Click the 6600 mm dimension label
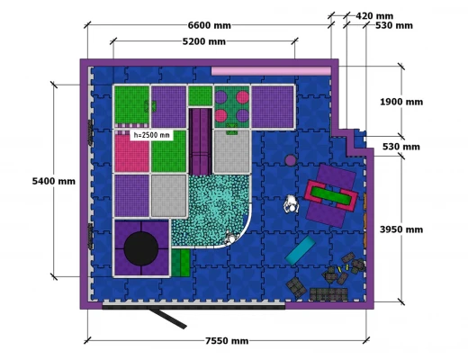(x=210, y=25)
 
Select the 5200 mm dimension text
(x=204, y=41)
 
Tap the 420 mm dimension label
(x=374, y=16)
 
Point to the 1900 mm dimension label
(x=401, y=102)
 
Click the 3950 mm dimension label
(x=401, y=229)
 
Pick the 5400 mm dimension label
(x=54, y=181)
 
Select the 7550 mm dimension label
(x=227, y=341)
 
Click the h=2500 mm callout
(x=151, y=135)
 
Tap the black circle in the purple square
(x=141, y=248)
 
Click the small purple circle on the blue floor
(x=290, y=160)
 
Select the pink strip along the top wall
(x=271, y=71)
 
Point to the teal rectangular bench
(x=300, y=250)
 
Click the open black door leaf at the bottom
(x=168, y=319)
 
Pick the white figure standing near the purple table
(x=291, y=204)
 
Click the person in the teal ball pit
(x=231, y=238)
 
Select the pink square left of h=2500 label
(x=132, y=153)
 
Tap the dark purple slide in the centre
(x=200, y=141)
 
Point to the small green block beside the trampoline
(x=181, y=263)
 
